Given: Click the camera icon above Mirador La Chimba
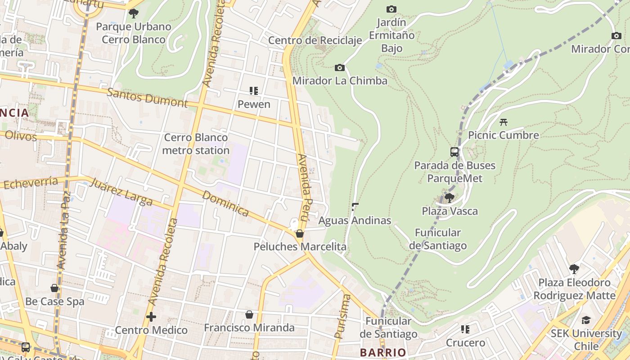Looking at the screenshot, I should click(x=340, y=68).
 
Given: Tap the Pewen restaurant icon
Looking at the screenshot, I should click(x=254, y=91).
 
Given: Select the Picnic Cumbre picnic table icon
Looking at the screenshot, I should click(x=504, y=122).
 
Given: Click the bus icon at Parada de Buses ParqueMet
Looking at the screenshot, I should click(x=454, y=152).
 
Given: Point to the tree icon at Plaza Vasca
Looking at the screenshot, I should click(x=449, y=198).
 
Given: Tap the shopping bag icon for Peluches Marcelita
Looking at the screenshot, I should click(x=300, y=234).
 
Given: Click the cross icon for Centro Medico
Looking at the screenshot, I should click(x=151, y=317).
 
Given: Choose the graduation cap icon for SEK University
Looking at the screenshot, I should click(x=585, y=320).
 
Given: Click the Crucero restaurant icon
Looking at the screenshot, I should click(x=465, y=329).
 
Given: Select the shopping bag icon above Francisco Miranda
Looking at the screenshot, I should click(x=249, y=315).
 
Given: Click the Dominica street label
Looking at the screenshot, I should click(x=225, y=203).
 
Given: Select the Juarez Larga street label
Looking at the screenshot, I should click(x=121, y=192).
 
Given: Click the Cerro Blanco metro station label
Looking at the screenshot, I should click(x=196, y=144).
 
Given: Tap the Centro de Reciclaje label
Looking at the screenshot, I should click(x=315, y=40).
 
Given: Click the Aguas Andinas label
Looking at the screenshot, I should click(x=355, y=220).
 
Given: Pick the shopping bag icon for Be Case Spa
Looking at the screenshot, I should click(x=54, y=288).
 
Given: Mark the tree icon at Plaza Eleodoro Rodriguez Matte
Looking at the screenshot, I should click(x=574, y=269).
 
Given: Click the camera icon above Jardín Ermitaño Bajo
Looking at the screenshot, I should click(x=391, y=9).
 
